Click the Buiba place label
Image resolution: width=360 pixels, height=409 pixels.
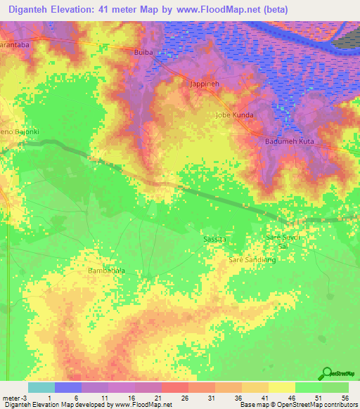point(143,52)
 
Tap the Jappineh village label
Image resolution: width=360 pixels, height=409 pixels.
point(205,83)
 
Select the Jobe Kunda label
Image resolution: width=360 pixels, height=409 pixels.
point(234,114)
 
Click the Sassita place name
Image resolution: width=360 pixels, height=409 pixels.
point(214,239)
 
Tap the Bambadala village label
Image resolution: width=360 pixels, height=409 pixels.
point(106,270)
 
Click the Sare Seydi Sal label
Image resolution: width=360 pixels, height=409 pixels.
point(283,242)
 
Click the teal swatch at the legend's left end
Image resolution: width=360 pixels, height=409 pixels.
point(41,387)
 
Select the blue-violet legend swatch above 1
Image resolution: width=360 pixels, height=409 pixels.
point(67,387)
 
